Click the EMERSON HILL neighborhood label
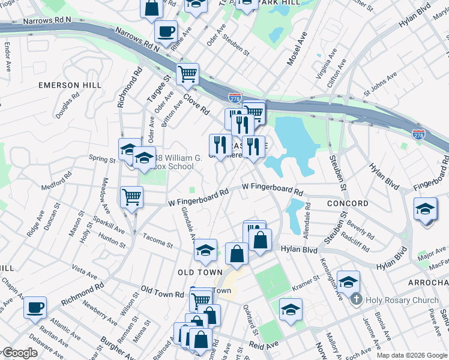pos(70,85)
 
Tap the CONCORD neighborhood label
pos(348,203)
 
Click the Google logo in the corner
pos(19,353)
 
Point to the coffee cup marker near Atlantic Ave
pos(35,307)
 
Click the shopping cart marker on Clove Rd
pos(187,74)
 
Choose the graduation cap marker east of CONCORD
pos(425,209)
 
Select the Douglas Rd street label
pos(67,105)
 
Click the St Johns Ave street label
pos(380,85)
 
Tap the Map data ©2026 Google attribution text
pos(411,355)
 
